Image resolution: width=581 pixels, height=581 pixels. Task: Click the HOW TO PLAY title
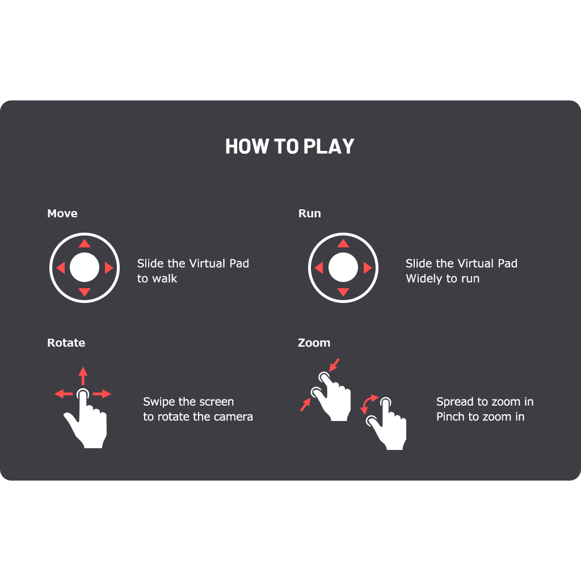pyautogui.click(x=290, y=146)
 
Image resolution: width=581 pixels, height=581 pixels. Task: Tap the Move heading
pyautogui.click(x=62, y=213)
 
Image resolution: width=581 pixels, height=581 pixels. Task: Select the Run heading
pyautogui.click(x=310, y=213)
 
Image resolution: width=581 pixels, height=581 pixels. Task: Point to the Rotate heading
pyautogui.click(x=66, y=343)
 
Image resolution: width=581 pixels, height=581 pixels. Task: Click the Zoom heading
pyautogui.click(x=314, y=343)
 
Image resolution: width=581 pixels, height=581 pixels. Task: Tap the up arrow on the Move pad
pyautogui.click(x=85, y=243)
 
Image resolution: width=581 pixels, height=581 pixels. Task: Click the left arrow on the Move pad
pyautogui.click(x=60, y=268)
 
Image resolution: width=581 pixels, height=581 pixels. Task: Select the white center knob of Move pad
pyautogui.click(x=85, y=268)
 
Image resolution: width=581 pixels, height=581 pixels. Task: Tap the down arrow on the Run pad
pyautogui.click(x=343, y=292)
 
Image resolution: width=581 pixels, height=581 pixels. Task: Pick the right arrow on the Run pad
pyautogui.click(x=368, y=268)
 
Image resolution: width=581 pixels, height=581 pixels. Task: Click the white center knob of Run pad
pyautogui.click(x=343, y=268)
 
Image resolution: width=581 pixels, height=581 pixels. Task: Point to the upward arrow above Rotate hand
pyautogui.click(x=83, y=376)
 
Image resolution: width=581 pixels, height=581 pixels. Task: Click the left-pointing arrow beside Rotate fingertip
pyautogui.click(x=64, y=394)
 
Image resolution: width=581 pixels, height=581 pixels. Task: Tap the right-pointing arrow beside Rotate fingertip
pyautogui.click(x=102, y=394)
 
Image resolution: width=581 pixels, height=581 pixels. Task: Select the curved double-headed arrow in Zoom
pyautogui.click(x=368, y=404)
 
